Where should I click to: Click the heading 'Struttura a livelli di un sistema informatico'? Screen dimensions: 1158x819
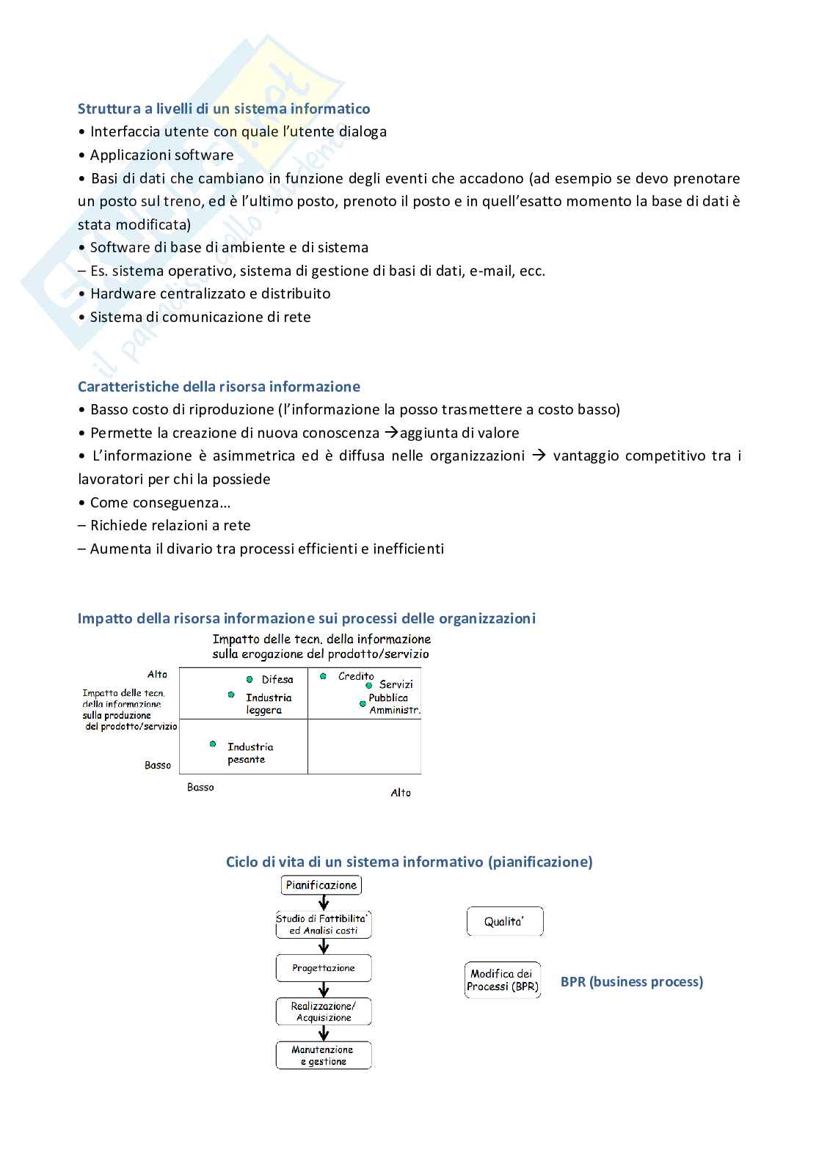(224, 109)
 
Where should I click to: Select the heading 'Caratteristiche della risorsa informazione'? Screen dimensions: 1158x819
(219, 386)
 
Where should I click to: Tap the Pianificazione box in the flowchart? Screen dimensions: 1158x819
(321, 885)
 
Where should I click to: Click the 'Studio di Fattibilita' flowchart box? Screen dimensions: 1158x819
(324, 924)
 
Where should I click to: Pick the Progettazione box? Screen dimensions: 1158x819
(324, 968)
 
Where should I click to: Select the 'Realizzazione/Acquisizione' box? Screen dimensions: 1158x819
(324, 1011)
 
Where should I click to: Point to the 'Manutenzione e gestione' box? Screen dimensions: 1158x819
(324, 1055)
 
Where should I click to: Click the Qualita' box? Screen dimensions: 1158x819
(504, 922)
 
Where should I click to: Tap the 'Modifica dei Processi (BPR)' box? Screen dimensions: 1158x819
(503, 980)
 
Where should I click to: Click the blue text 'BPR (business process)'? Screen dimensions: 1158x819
(631, 981)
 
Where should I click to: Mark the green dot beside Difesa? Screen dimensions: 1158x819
(250, 680)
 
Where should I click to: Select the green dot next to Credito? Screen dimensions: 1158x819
(323, 676)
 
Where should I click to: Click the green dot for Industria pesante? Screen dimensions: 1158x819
(213, 744)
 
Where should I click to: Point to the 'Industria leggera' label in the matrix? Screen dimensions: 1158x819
(268, 704)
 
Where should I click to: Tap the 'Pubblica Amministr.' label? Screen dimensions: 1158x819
(393, 704)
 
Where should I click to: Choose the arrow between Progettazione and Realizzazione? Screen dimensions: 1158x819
(324, 989)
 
